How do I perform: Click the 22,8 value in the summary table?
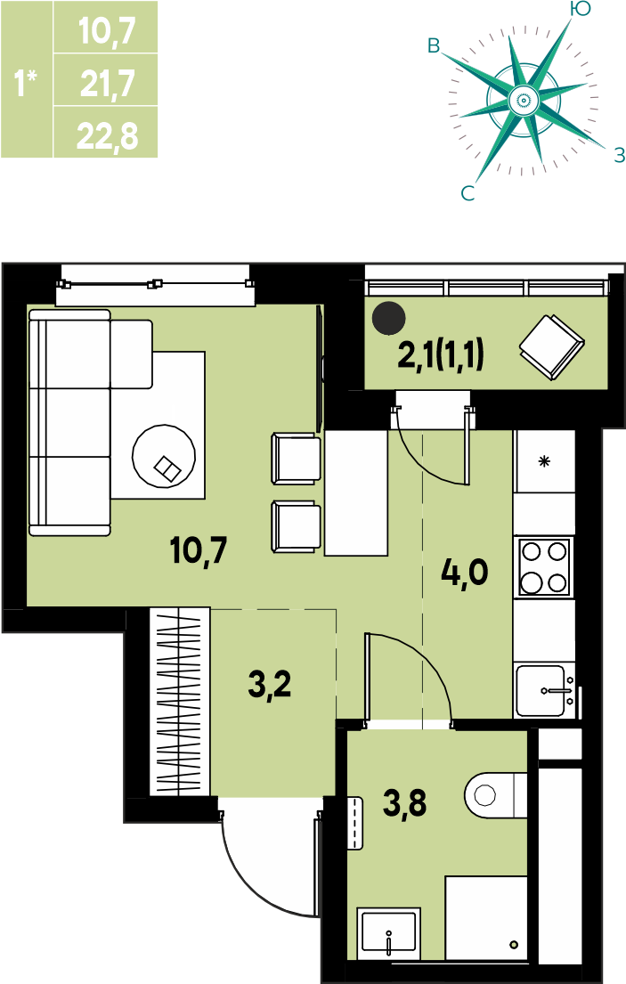[107, 135]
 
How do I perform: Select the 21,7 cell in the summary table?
[106, 80]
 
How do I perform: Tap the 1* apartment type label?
[26, 83]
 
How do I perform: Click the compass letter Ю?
[581, 8]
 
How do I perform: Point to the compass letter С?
[467, 193]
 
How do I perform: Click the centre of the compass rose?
[522, 100]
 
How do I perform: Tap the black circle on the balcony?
[389, 318]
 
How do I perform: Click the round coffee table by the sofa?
[164, 456]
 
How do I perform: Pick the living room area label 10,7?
[199, 550]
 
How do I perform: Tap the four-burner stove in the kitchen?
[544, 567]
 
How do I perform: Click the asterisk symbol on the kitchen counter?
[544, 462]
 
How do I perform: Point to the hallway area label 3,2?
[270, 684]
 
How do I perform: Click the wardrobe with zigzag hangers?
[179, 702]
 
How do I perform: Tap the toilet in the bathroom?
[495, 794]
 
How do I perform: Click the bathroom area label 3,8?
[405, 803]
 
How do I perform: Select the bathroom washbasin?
[389, 934]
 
